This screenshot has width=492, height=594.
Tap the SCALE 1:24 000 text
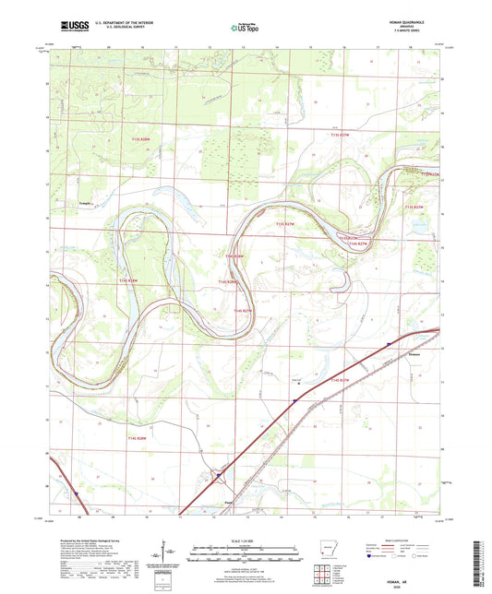pyautogui.click(x=245, y=540)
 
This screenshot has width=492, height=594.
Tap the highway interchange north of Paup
pyautogui.click(x=218, y=477)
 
